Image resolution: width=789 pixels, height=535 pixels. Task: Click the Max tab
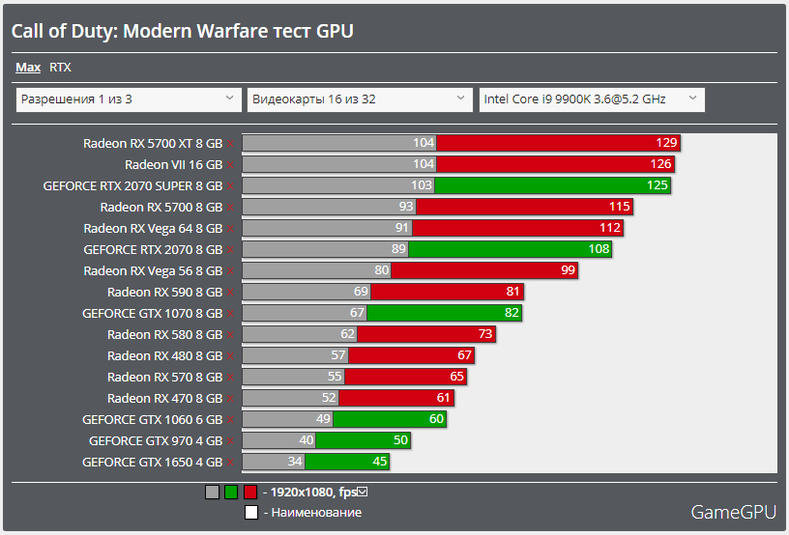coord(28,68)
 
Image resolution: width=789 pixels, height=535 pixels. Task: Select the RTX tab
coord(60,68)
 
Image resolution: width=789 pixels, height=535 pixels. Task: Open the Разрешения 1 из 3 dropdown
coord(128,99)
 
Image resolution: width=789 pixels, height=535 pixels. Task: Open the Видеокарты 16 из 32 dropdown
coord(360,99)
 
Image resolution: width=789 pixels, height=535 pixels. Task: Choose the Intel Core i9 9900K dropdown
coord(592,99)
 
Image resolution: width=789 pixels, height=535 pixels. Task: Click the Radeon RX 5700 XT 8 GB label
coord(153,143)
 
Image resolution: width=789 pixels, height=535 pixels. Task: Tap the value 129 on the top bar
coord(666,143)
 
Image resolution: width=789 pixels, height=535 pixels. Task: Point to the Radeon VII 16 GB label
coord(173,164)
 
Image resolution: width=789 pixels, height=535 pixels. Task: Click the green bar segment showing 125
coord(552,185)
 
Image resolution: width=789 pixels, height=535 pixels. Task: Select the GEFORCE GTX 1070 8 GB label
coord(152,313)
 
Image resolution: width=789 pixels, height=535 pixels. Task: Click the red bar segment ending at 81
coord(446,292)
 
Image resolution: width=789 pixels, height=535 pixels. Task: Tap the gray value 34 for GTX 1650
coord(295,462)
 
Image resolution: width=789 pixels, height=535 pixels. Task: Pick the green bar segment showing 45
coord(347,462)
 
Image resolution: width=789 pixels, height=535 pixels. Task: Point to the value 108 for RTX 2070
coord(599,249)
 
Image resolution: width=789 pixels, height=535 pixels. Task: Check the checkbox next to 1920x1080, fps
coord(364,492)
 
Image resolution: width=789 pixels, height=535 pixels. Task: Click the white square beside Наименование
coord(251,513)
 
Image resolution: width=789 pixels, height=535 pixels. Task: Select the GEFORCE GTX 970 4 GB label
coord(155,440)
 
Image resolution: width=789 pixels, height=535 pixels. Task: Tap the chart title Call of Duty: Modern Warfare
coord(182,31)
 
